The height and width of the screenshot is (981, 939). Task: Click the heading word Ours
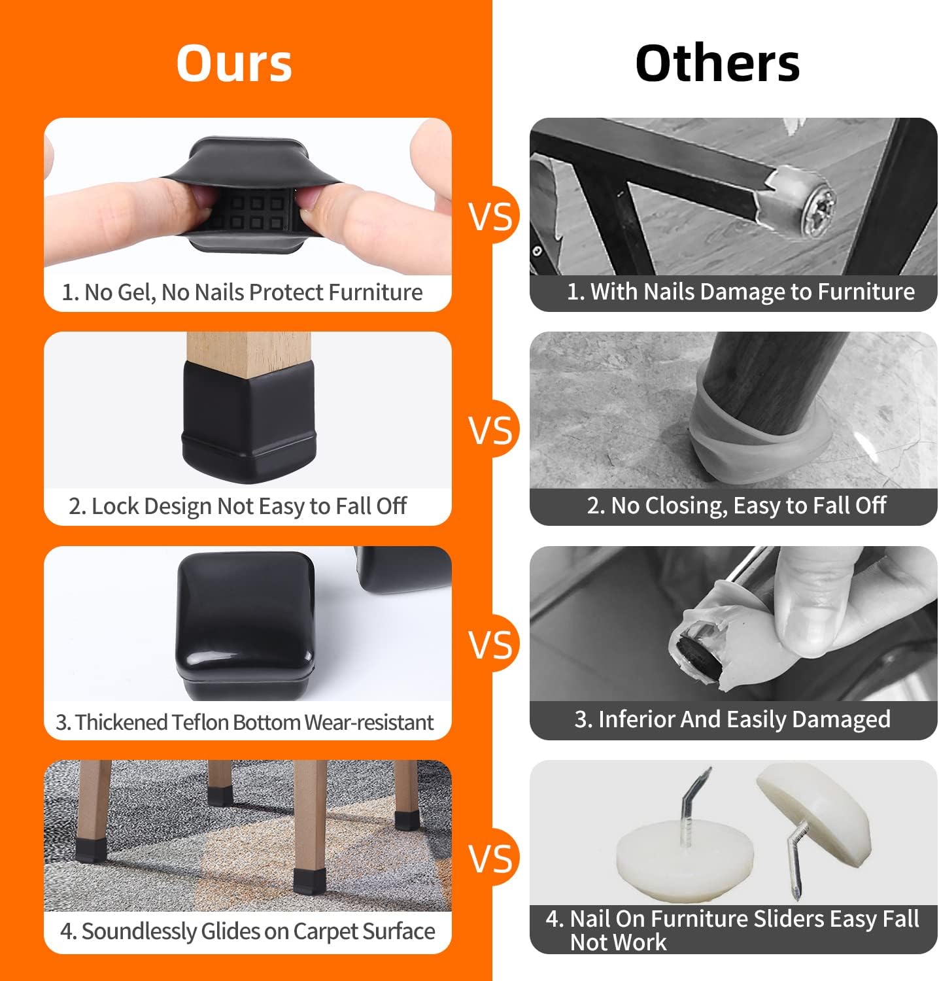pos(234,63)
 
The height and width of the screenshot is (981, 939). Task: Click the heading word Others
pos(717,63)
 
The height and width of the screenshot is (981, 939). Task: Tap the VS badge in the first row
pos(491,216)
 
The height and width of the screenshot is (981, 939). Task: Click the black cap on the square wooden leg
pos(248,419)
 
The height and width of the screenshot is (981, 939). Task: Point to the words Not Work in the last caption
pos(618,942)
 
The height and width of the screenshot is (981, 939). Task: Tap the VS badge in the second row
pos(491,430)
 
